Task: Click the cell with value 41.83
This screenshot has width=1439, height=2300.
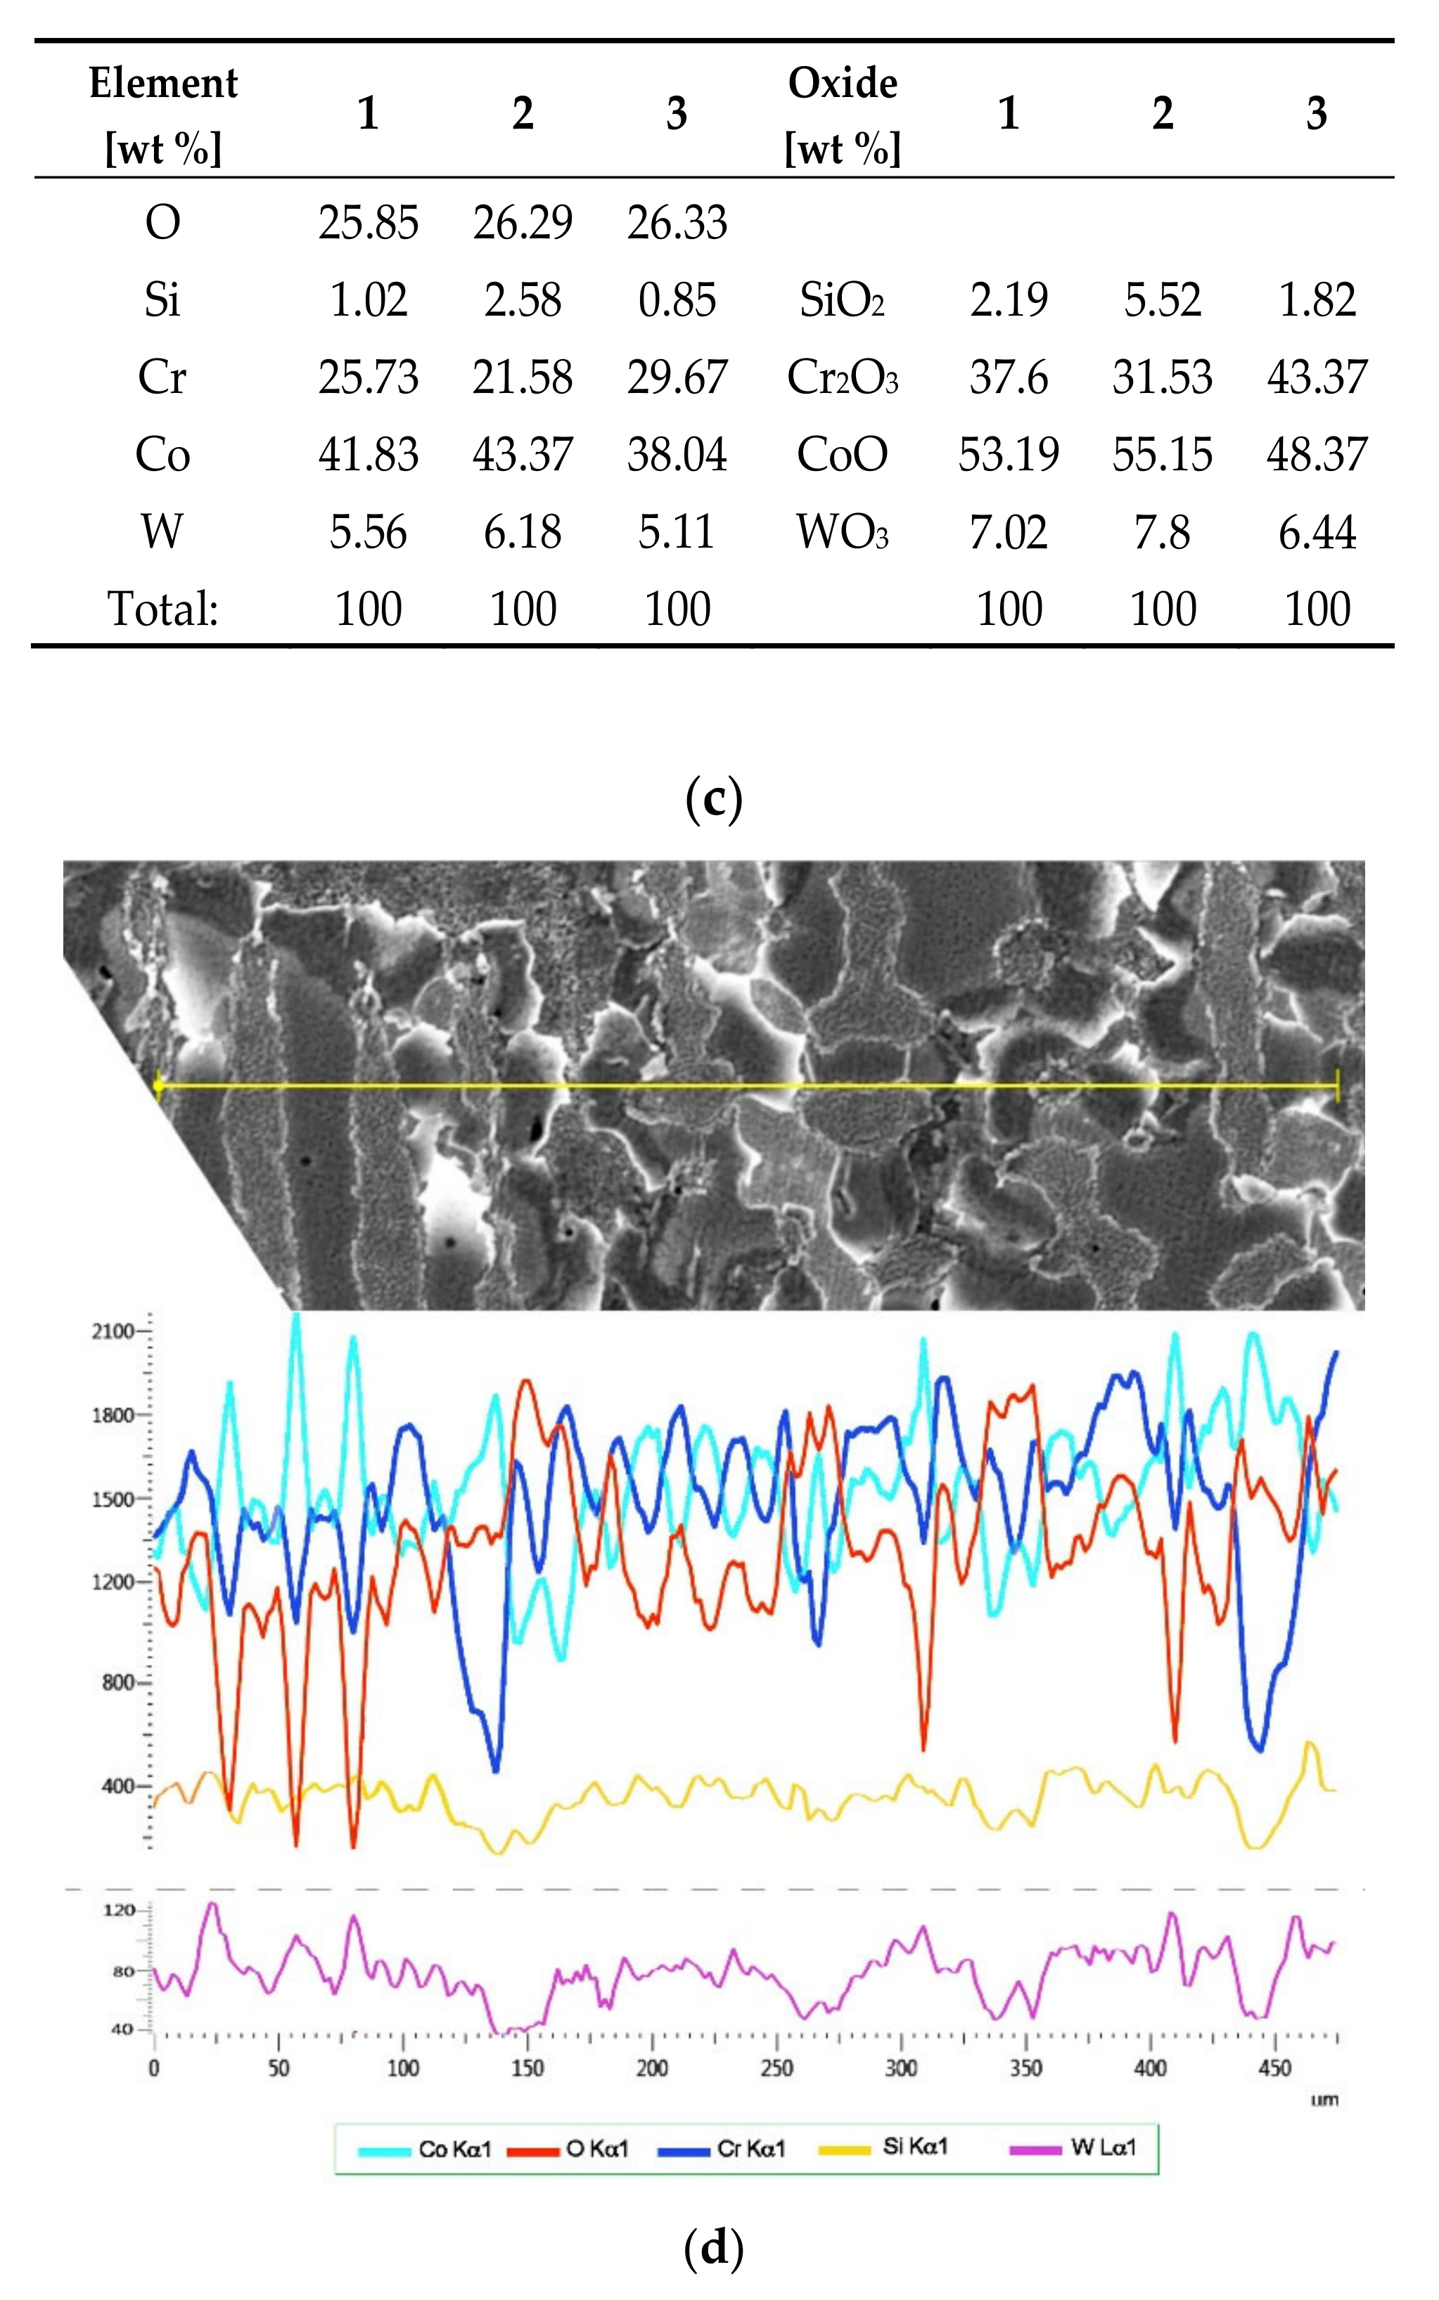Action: pyautogui.click(x=369, y=455)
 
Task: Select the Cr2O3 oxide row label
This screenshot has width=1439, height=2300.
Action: pyautogui.click(x=843, y=377)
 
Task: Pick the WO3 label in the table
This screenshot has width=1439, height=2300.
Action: pyautogui.click(x=843, y=531)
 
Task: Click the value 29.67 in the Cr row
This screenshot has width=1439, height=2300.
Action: pyautogui.click(x=677, y=377)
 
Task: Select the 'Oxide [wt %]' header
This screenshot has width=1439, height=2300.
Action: pyautogui.click(x=843, y=115)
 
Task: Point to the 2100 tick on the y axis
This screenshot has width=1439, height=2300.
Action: pyautogui.click(x=113, y=1331)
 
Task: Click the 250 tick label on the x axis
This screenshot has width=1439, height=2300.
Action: pyautogui.click(x=776, y=2068)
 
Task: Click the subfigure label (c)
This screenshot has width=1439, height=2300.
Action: pyautogui.click(x=714, y=800)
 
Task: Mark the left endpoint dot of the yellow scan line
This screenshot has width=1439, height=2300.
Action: pyautogui.click(x=158, y=1085)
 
